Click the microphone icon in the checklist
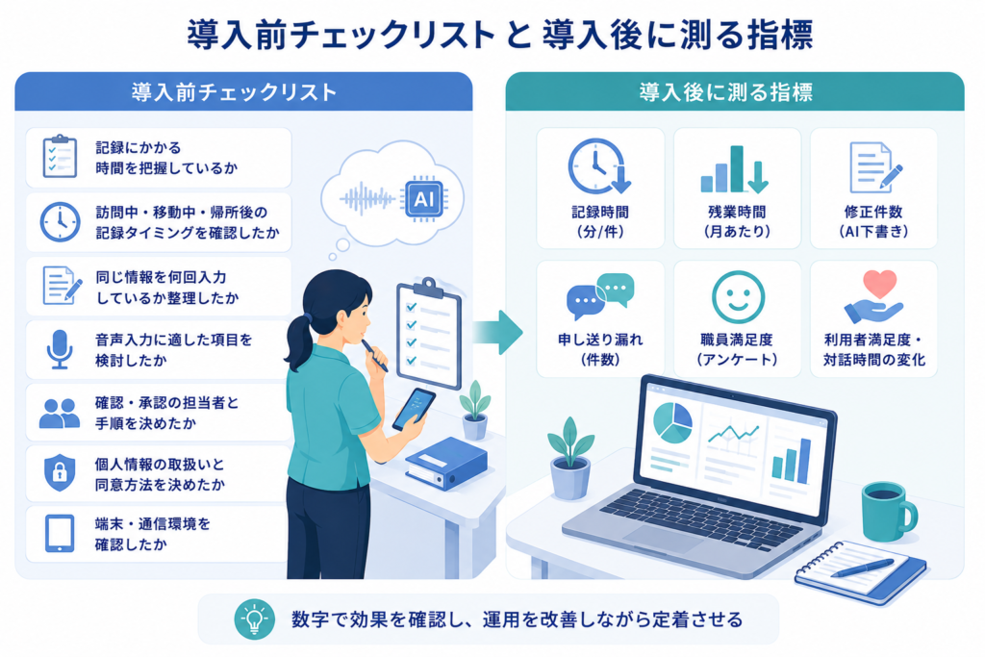click(x=60, y=349)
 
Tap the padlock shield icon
click(x=60, y=472)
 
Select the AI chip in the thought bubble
click(x=424, y=199)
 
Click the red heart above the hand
click(x=879, y=283)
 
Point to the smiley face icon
click(x=738, y=297)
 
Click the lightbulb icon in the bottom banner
click(x=254, y=619)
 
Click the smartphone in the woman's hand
click(x=414, y=409)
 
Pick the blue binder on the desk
click(x=446, y=464)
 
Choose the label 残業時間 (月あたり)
click(x=737, y=221)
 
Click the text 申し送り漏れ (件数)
click(x=600, y=350)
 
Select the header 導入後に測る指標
click(x=726, y=92)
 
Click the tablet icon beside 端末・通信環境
click(x=60, y=533)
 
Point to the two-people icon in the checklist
click(x=60, y=414)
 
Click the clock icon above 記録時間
click(x=599, y=166)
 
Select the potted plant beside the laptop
click(x=570, y=459)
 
